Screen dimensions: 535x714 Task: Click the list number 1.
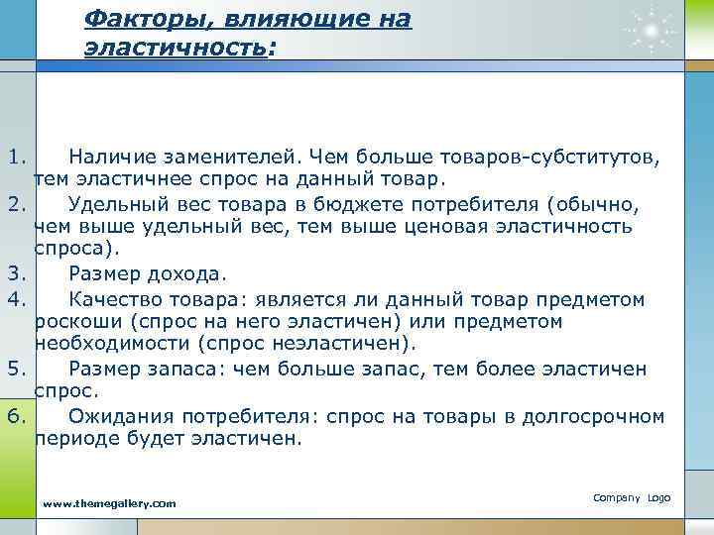[14, 157]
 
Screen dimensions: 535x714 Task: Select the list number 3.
[14, 272]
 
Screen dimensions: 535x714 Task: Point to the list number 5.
[14, 369]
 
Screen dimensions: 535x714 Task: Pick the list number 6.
[14, 415]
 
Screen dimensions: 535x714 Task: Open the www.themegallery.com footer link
[109, 504]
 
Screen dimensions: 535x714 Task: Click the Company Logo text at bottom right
[632, 496]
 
